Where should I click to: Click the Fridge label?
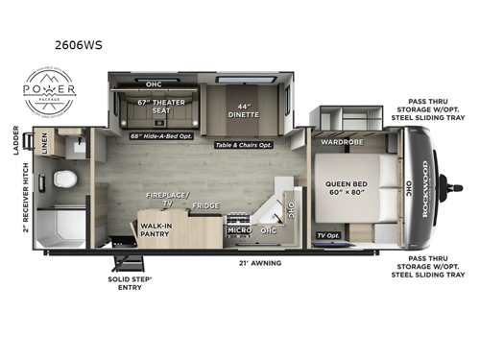coord(204,205)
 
